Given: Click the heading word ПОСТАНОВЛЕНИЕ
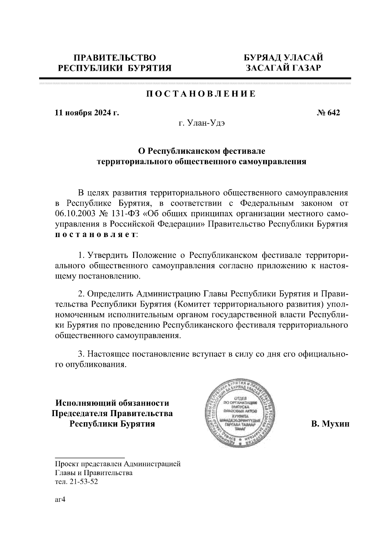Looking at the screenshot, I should pos(201,94).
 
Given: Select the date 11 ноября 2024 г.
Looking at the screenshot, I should pos(87,113).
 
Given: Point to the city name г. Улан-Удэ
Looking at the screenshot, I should pos(201,123).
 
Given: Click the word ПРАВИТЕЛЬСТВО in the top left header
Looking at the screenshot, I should pos(115,58).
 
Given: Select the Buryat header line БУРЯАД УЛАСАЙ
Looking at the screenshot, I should pos(283,58).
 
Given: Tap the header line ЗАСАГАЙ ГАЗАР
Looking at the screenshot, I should pos(283,68).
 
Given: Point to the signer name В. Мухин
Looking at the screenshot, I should pos(330,424).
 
